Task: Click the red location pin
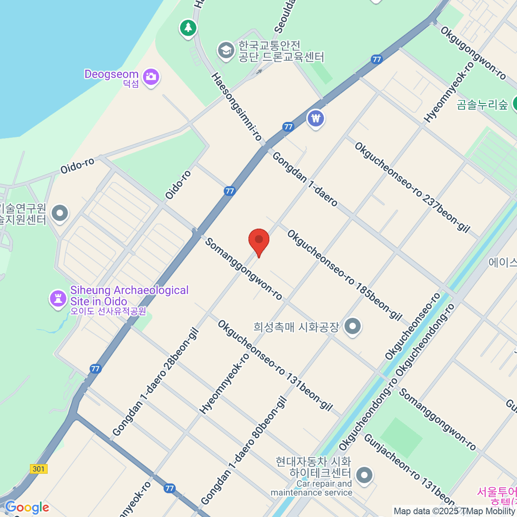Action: (259, 240)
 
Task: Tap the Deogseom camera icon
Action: (150, 78)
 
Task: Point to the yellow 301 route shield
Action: (39, 469)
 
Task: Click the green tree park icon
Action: (188, 28)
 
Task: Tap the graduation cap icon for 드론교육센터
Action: (225, 50)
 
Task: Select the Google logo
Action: (27, 507)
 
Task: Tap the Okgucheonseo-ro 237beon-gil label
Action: (412, 187)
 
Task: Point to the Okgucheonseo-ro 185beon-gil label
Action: (344, 275)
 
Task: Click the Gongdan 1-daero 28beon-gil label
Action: (156, 382)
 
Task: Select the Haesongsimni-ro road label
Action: (237, 106)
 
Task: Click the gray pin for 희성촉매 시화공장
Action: (353, 327)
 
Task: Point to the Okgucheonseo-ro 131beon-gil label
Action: (275, 365)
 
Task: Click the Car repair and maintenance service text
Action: (311, 488)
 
